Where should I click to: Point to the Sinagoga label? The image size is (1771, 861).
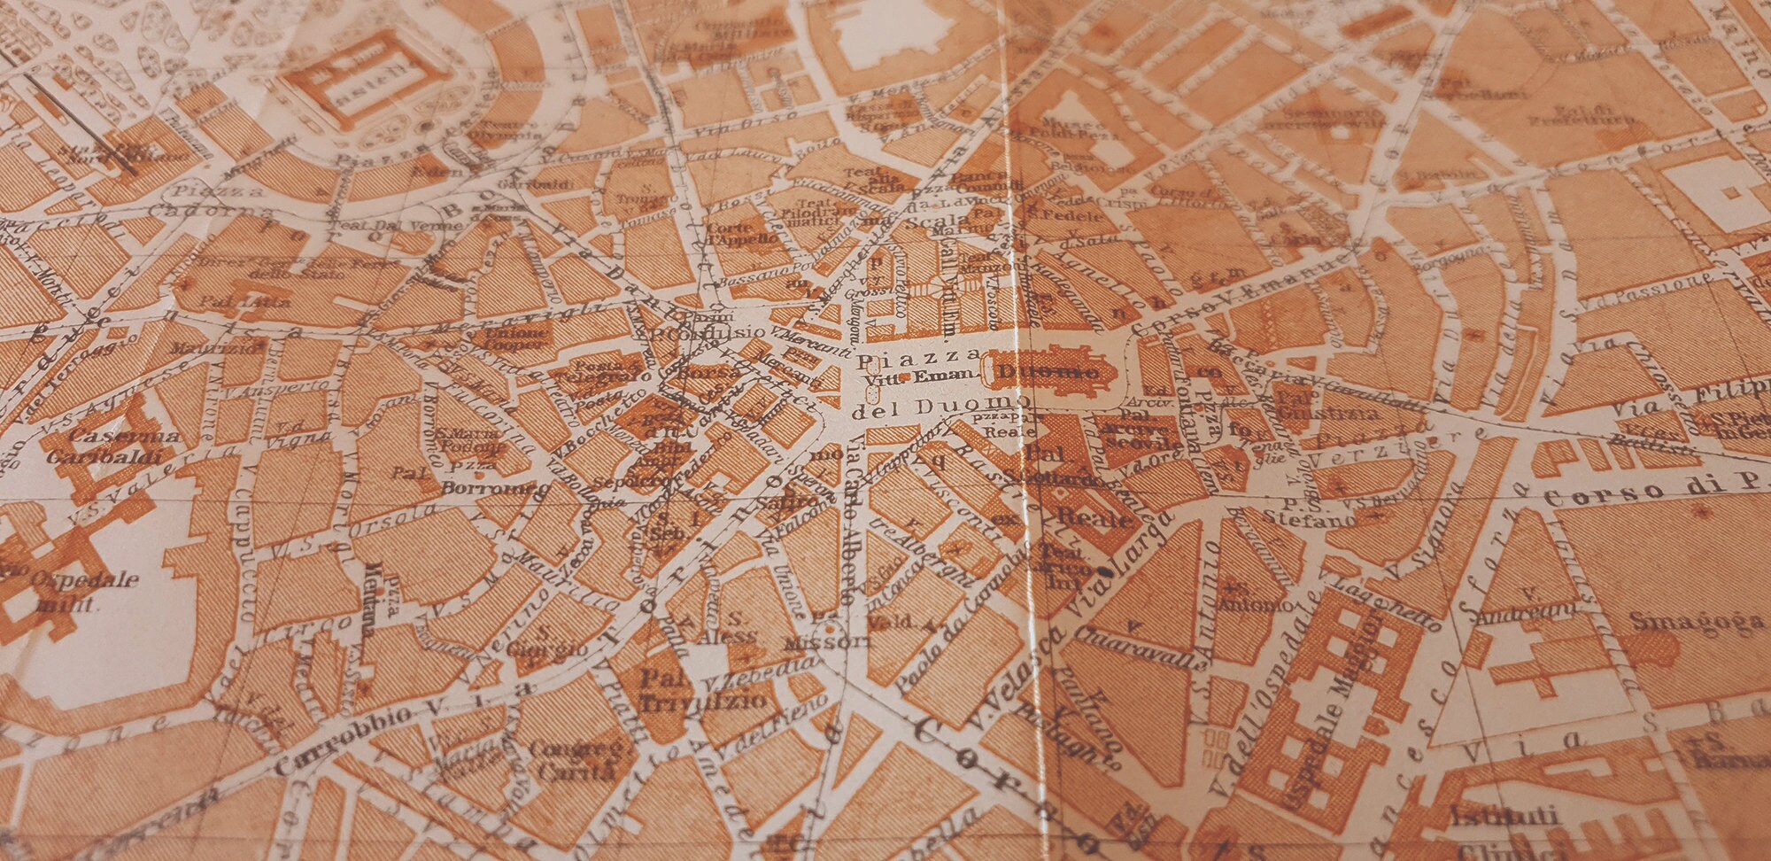[x=1697, y=621]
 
